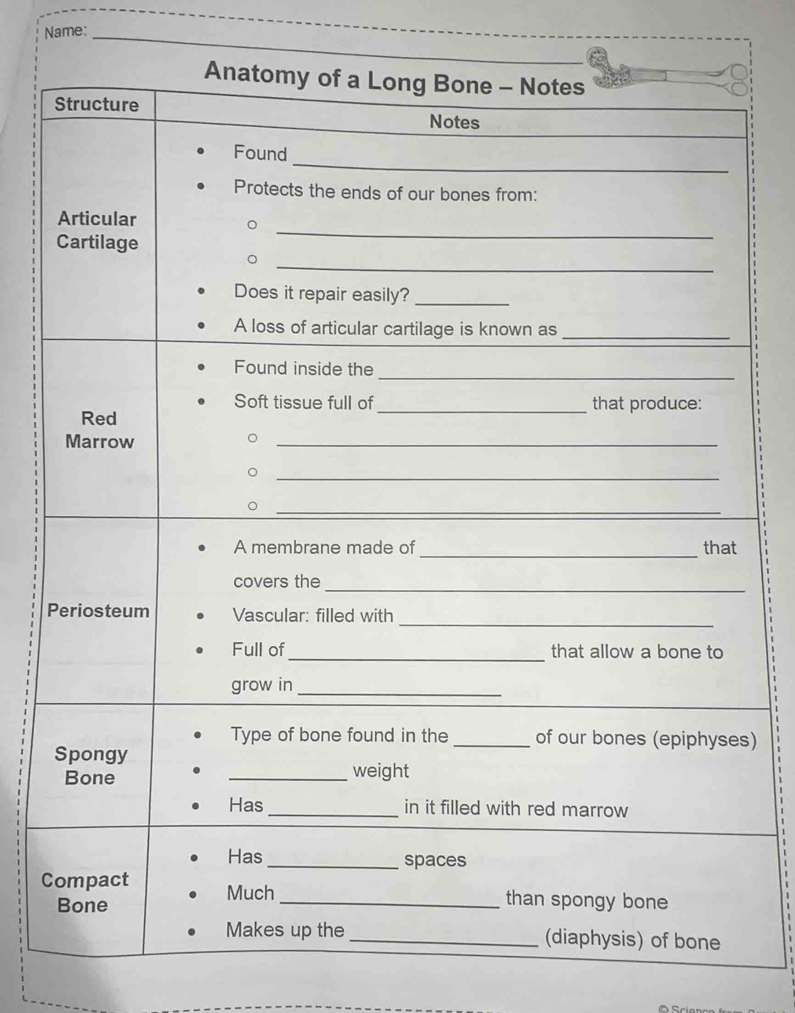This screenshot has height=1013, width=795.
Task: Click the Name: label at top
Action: click(65, 31)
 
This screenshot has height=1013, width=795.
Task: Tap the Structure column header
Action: click(96, 104)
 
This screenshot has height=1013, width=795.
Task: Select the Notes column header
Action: click(454, 122)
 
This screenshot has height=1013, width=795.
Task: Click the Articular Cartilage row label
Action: click(97, 231)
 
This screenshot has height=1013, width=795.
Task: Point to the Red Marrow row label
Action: click(99, 430)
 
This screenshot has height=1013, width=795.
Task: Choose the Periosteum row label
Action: click(99, 611)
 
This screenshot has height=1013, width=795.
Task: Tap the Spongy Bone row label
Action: click(90, 765)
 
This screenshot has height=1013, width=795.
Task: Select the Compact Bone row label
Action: click(84, 892)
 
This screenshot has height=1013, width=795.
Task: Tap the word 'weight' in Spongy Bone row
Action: click(381, 771)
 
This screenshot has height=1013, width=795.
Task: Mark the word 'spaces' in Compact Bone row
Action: click(435, 859)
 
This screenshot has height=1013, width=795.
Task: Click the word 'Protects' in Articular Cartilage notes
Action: click(268, 189)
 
